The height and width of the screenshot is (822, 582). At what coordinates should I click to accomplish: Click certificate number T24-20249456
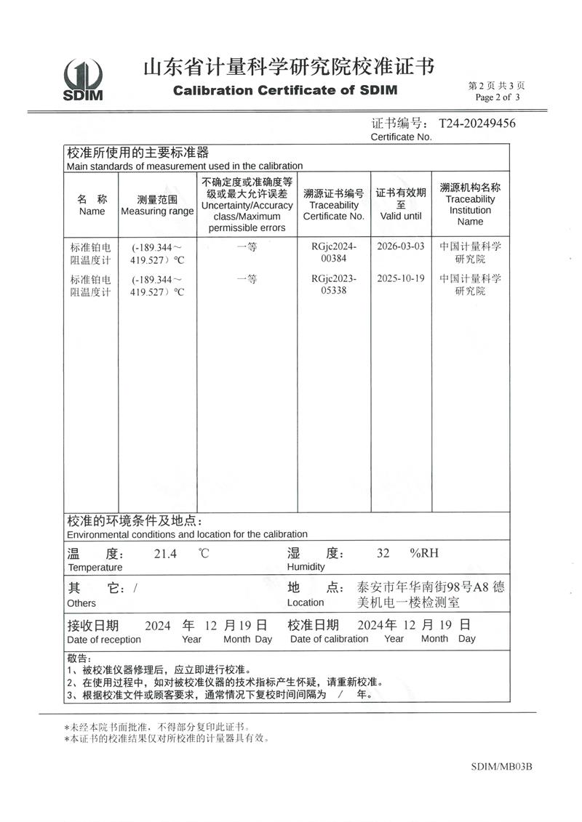(x=477, y=124)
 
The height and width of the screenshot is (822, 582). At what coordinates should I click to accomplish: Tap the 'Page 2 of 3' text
(x=498, y=97)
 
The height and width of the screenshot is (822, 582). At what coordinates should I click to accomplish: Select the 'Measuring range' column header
(x=157, y=211)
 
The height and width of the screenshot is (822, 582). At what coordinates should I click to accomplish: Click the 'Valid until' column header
(x=401, y=216)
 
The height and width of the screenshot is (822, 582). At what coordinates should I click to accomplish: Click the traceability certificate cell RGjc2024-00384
(x=334, y=252)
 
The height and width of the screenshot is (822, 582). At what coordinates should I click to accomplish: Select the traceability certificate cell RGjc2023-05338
(x=334, y=285)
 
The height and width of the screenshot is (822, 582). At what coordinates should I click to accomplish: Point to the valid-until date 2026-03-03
(x=401, y=246)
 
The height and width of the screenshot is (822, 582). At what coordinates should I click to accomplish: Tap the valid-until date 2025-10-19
(x=401, y=278)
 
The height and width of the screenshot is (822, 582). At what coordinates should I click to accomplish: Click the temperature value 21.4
(x=165, y=554)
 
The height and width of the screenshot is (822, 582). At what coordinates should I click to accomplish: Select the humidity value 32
(x=383, y=554)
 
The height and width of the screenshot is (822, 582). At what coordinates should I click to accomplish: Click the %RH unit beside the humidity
(x=425, y=554)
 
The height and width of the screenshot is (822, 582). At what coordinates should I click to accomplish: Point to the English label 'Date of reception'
(x=104, y=640)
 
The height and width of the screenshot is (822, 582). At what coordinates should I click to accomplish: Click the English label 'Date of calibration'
(x=329, y=639)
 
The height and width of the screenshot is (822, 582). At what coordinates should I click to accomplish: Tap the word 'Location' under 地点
(x=306, y=603)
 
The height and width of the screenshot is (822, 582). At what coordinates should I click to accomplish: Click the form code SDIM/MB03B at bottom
(x=502, y=766)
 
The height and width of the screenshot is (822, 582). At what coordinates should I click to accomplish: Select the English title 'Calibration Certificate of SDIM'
(x=284, y=91)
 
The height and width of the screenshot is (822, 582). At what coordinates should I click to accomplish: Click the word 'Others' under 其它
(x=81, y=603)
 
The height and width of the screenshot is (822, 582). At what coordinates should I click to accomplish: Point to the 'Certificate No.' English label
(x=401, y=137)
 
